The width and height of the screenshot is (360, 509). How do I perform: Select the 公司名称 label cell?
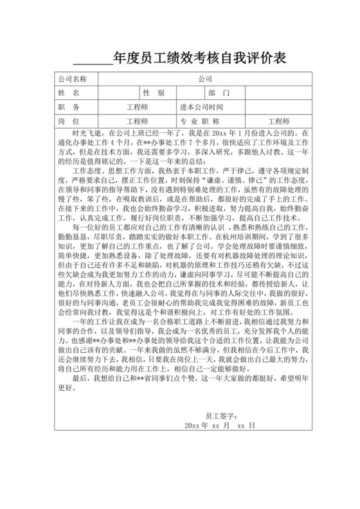tap(71, 79)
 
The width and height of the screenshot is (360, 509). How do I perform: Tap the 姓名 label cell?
tap(71, 93)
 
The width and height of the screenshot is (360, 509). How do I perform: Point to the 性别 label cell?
tap(154, 93)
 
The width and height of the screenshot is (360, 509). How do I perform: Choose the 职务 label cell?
tap(71, 107)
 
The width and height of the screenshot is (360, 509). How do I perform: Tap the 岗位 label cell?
tap(71, 121)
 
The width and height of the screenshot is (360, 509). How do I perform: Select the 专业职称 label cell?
tap(201, 121)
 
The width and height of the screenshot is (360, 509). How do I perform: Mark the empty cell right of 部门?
tap(276, 93)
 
